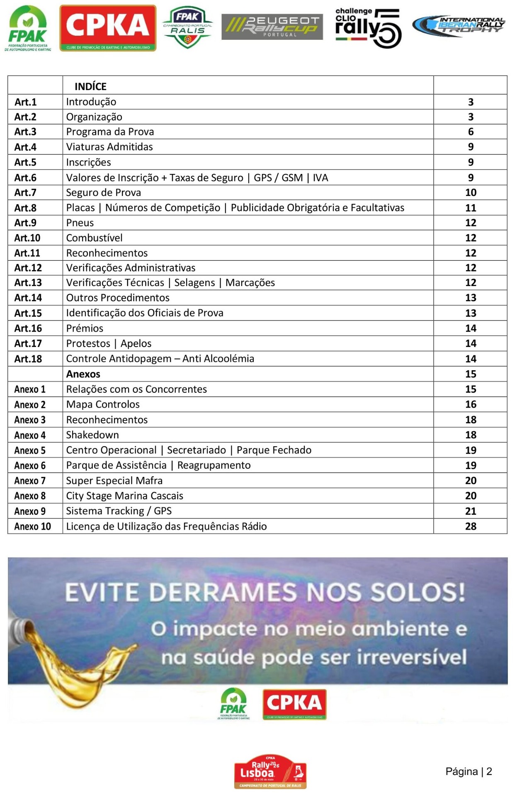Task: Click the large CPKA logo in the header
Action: pos(108,27)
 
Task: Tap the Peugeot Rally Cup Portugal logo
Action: pos(272,27)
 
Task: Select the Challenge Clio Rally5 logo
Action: pos(368,27)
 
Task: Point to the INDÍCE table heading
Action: pos(90,86)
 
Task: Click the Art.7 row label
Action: pos(25,193)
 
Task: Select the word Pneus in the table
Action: pos(80,223)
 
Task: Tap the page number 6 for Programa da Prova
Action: pos(471,132)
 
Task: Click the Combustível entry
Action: pos(95,238)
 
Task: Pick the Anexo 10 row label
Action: pos(32,526)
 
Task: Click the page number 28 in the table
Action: pos(471,526)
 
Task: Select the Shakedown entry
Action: pos(92,435)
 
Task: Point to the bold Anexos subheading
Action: pos(83,374)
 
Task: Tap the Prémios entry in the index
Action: pos(85,328)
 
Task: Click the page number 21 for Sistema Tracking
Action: pos(471,511)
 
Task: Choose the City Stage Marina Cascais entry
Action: pos(124,496)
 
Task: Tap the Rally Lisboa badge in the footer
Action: pos(270,772)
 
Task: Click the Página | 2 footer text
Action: pos(468,772)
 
